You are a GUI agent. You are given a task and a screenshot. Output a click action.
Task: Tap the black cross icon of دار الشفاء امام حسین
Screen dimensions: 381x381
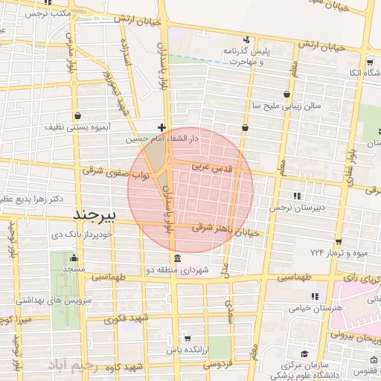pyautogui.click(x=161, y=127)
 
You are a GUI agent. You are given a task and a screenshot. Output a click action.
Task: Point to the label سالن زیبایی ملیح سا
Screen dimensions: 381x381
pyautogui.click(x=286, y=106)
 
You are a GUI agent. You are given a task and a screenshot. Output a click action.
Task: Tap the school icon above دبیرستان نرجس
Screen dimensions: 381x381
pyautogui.click(x=297, y=196)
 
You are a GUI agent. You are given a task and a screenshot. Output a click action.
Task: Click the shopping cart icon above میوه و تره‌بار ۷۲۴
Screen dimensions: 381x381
pyautogui.click(x=339, y=242)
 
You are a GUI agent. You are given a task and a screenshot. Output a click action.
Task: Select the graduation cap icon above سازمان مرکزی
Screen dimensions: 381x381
pyautogui.click(x=303, y=354)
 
